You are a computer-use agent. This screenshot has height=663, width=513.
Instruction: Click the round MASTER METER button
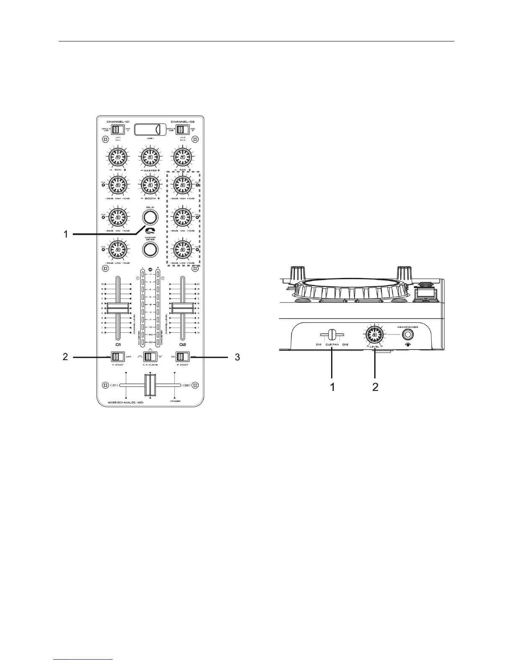(x=150, y=250)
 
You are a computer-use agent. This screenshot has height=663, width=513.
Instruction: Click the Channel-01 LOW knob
(x=118, y=250)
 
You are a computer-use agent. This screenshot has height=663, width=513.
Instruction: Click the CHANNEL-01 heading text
(x=118, y=122)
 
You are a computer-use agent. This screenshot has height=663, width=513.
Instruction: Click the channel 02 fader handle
(x=183, y=308)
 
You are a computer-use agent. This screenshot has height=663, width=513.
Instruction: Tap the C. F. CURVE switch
(x=149, y=357)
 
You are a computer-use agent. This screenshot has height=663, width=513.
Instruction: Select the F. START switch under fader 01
(x=117, y=357)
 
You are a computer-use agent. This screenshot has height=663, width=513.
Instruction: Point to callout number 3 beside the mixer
(x=237, y=357)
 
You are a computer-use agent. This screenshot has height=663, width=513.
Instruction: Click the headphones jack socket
(x=407, y=335)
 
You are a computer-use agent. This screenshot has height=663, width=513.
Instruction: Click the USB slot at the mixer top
(x=150, y=129)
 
